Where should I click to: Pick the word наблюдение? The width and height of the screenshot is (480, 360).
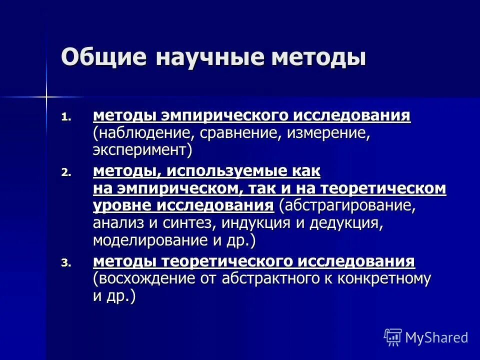click(x=145, y=133)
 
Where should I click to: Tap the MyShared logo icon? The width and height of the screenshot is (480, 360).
click(x=392, y=336)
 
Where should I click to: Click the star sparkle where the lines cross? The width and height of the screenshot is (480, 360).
click(x=46, y=95)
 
